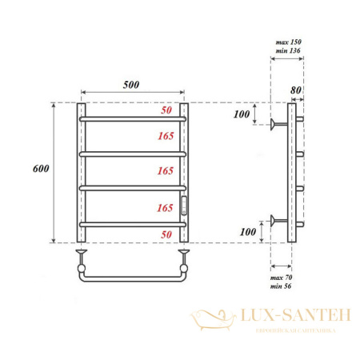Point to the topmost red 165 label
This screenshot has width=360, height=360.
166,137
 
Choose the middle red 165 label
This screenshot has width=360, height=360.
166,171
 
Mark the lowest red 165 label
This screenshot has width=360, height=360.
166,207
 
